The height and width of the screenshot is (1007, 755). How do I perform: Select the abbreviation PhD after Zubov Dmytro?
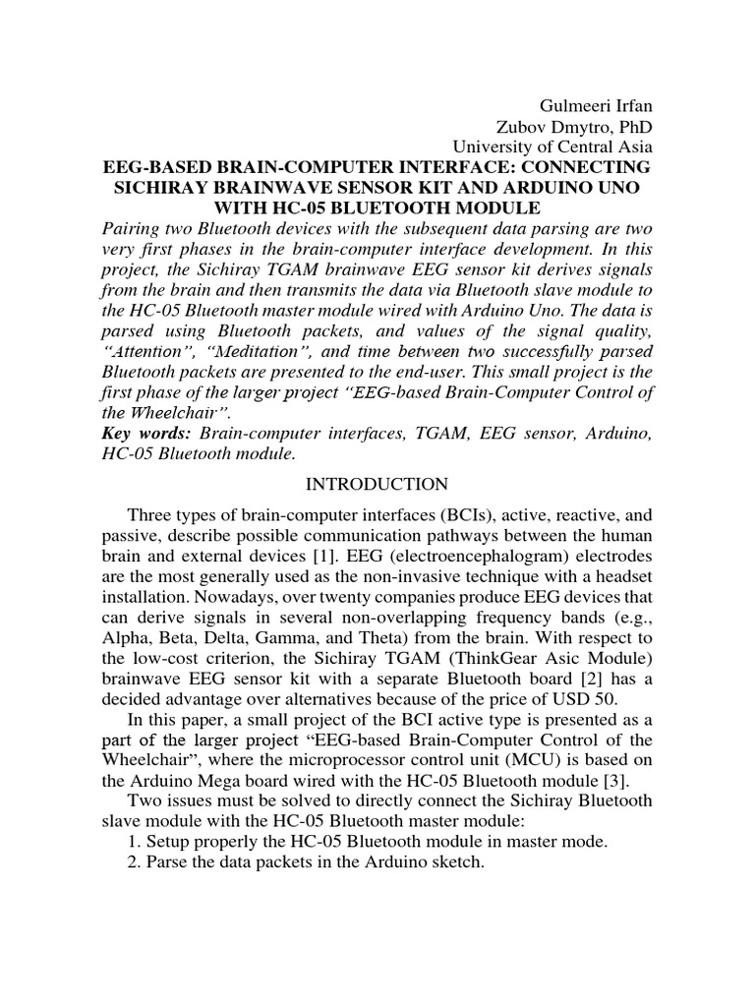coord(633,127)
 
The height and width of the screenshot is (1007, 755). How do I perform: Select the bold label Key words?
coord(146,434)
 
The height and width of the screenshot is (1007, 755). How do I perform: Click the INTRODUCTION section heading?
coord(377,484)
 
